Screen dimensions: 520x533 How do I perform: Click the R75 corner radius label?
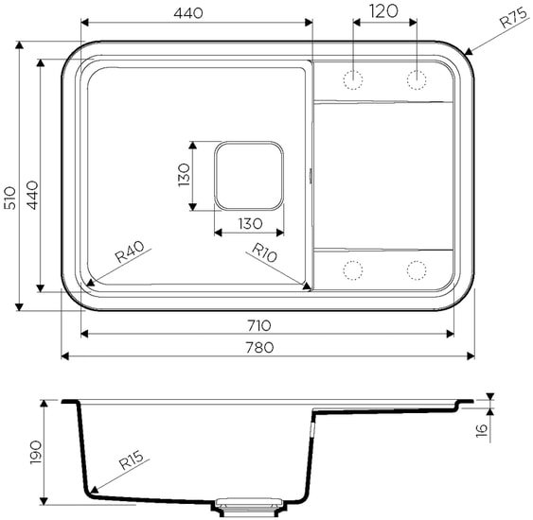click(511, 20)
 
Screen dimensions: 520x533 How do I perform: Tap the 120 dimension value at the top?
click(383, 11)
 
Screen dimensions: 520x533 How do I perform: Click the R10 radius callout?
click(264, 253)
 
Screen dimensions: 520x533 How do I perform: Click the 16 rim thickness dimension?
click(481, 431)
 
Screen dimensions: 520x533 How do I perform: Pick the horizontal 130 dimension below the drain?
click(248, 223)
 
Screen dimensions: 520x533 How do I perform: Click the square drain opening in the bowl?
click(248, 176)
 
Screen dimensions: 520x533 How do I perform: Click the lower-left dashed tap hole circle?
click(354, 270)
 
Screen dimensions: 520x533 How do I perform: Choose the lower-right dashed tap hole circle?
click(417, 270)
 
